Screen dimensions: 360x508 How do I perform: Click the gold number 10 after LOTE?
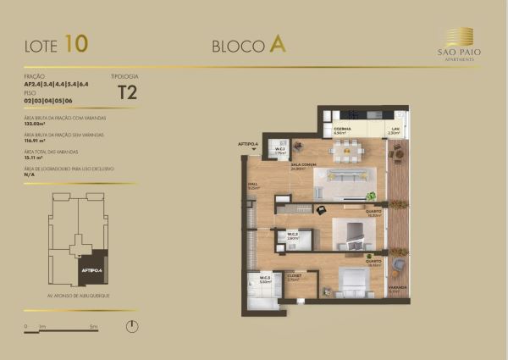click(75, 42)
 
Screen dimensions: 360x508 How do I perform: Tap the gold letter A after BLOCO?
click(277, 45)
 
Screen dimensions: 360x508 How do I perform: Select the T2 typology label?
click(127, 93)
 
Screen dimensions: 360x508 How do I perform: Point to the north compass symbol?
click(133, 325)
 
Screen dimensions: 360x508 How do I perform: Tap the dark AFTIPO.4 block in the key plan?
click(91, 269)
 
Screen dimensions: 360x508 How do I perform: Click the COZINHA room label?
click(342, 129)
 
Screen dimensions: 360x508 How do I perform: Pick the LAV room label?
click(393, 129)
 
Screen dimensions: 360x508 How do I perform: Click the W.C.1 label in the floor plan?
click(280, 148)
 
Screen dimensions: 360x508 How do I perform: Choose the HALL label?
click(252, 184)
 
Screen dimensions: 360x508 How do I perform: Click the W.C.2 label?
click(292, 234)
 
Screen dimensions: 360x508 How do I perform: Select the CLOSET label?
click(295, 275)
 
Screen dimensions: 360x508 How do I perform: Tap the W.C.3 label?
click(264, 278)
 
